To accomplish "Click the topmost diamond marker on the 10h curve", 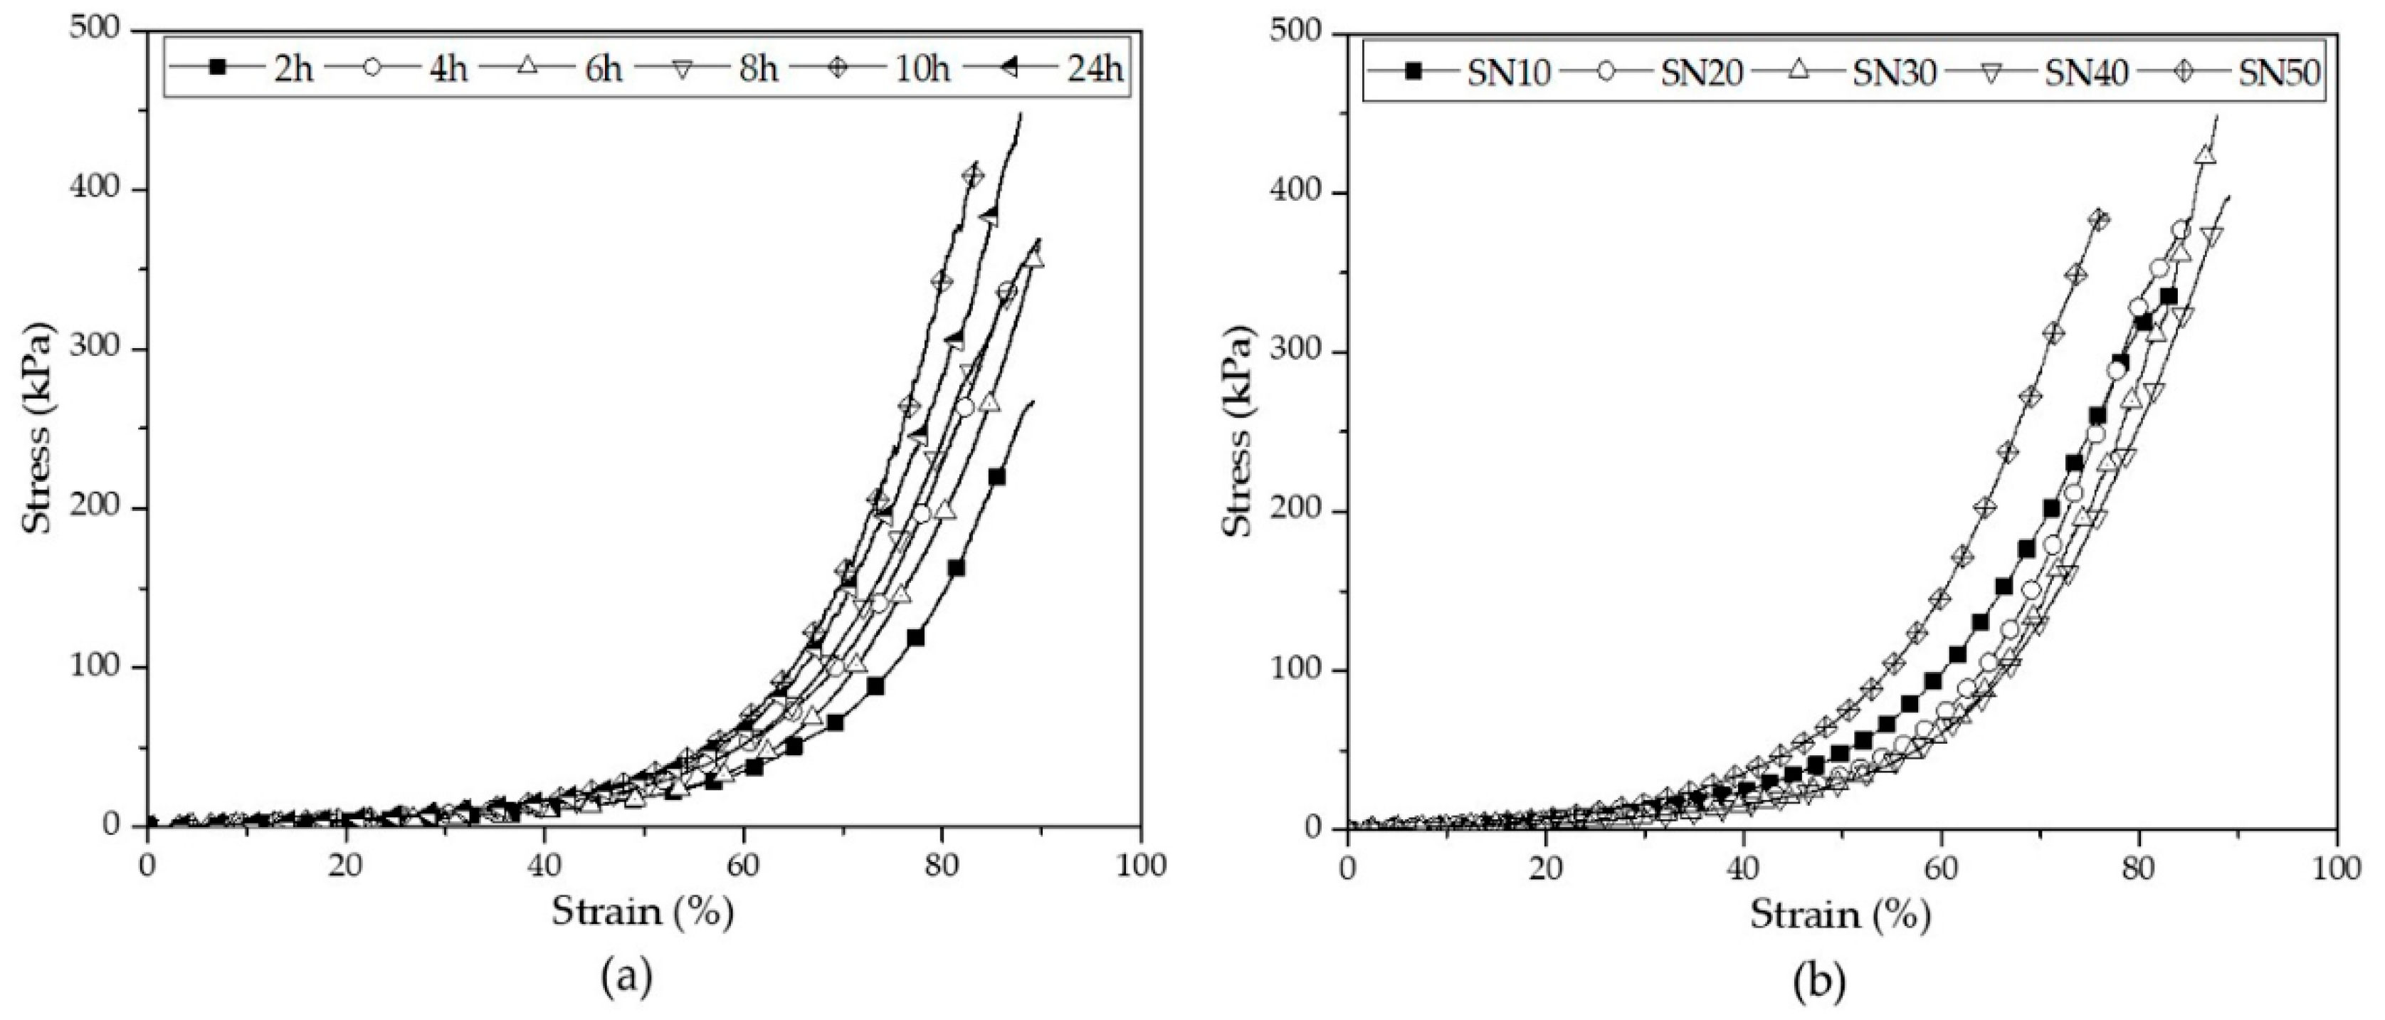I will tap(972, 176).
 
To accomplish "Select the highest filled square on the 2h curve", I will tap(996, 478).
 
